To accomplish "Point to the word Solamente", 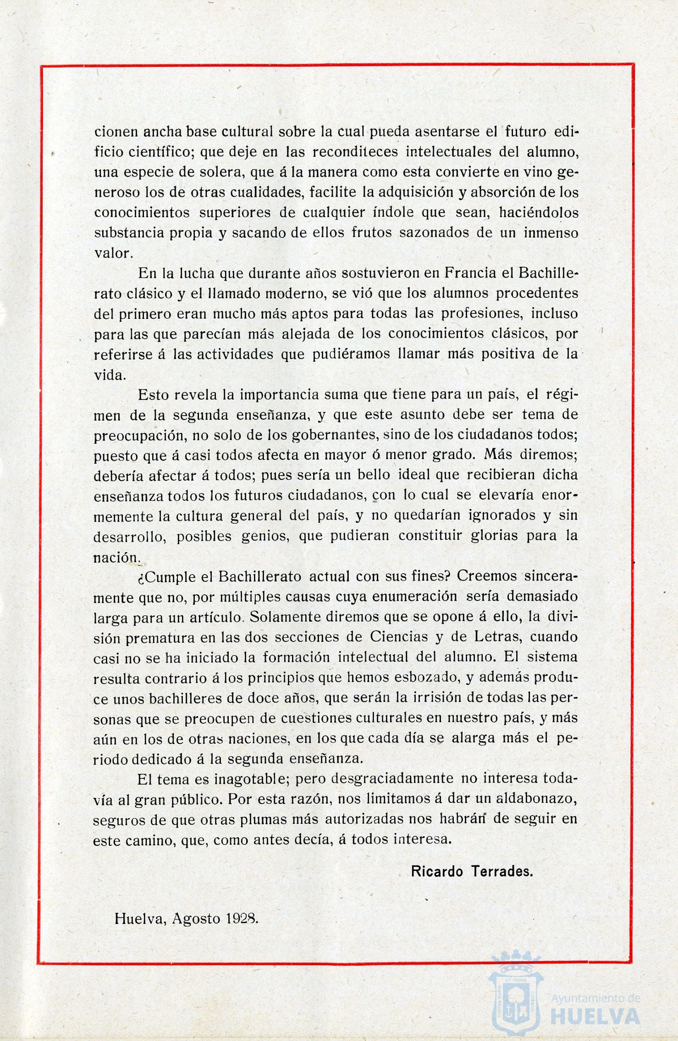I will [x=285, y=617].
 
